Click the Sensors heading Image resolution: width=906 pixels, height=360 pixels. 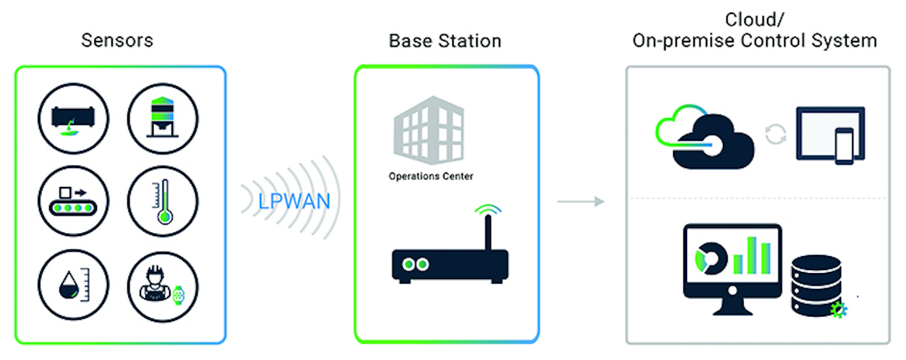click(117, 40)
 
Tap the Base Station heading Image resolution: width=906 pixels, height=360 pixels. click(445, 41)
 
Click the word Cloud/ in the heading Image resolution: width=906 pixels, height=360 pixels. click(755, 20)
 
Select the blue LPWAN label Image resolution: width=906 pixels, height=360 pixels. click(294, 201)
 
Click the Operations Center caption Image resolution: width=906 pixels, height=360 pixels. click(431, 176)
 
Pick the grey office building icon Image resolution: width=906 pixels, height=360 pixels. click(428, 130)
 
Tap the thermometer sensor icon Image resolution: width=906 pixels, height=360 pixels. click(163, 201)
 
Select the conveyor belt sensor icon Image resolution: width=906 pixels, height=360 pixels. click(73, 201)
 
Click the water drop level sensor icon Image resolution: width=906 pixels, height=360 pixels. click(73, 284)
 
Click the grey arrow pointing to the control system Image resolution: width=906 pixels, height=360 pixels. click(581, 201)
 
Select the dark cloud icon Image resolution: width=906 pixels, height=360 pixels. click(713, 142)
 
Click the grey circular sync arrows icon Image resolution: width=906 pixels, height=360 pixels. click(776, 134)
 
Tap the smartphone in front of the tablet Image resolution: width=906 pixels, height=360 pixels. click(844, 146)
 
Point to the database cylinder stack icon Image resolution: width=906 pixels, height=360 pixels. click(816, 286)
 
